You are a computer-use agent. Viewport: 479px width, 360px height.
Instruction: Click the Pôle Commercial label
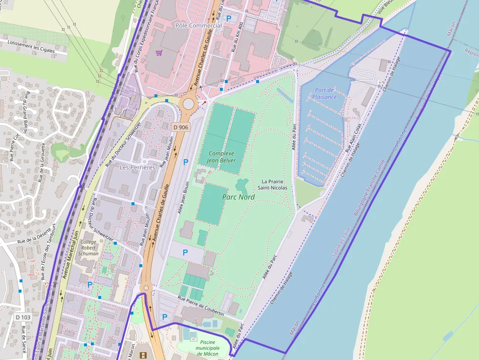[x=198, y=25]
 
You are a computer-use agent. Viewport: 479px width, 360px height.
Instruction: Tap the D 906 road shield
[x=180, y=127]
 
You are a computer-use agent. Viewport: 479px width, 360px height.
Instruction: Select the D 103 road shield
[x=22, y=318]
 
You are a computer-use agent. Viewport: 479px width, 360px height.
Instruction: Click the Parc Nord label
[x=238, y=197]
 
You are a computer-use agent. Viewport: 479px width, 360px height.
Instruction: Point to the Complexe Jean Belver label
[x=220, y=156]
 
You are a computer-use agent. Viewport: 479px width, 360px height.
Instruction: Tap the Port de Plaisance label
[x=325, y=93]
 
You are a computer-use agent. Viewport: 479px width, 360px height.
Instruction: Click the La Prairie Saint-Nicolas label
[x=274, y=184]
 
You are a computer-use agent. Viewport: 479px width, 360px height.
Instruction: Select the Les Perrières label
[x=137, y=167]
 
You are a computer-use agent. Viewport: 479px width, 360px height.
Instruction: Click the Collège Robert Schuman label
[x=88, y=248]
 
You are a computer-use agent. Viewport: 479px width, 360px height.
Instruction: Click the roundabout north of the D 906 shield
[x=188, y=104]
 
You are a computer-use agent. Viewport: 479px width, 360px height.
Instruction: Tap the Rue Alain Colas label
[x=353, y=138]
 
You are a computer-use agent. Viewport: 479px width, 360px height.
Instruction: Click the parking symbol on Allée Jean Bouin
[x=185, y=162]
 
